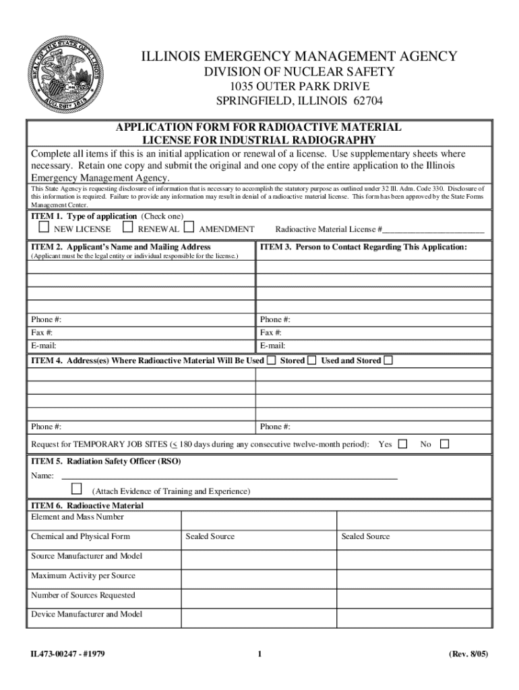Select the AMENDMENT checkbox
pyautogui.click(x=189, y=228)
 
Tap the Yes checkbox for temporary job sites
pyautogui.click(x=402, y=444)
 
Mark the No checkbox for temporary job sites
pyautogui.click(x=444, y=444)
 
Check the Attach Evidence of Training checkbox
pyautogui.click(x=76, y=488)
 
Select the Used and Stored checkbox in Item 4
pyautogui.click(x=388, y=360)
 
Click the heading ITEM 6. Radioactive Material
pyautogui.click(x=87, y=505)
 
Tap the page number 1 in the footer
pyautogui.click(x=259, y=654)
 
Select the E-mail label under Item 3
pyautogui.click(x=272, y=346)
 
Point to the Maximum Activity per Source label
pyautogui.click(x=83, y=575)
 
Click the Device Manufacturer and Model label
pyautogui.click(x=86, y=614)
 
